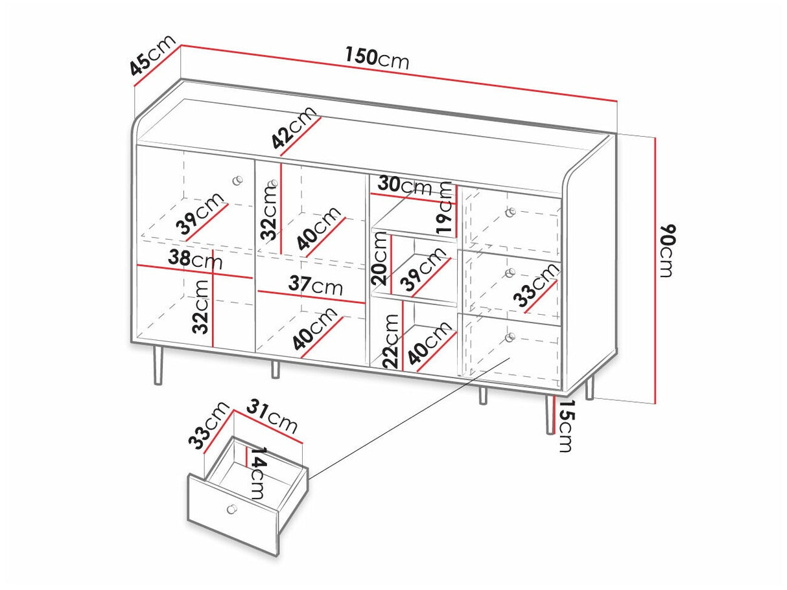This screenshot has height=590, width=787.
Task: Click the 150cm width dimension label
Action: coord(377,59)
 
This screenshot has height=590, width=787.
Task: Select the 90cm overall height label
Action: coord(667,251)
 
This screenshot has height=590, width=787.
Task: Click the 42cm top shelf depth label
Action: coord(294,127)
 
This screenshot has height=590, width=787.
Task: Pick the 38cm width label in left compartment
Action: coord(195,259)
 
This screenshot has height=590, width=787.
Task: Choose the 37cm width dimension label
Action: coord(316,285)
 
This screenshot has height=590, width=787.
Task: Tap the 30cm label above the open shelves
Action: coord(405,186)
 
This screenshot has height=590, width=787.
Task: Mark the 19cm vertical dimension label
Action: coord(444,208)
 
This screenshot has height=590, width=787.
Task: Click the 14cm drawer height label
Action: coord(258,473)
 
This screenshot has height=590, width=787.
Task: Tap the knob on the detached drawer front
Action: coord(231,508)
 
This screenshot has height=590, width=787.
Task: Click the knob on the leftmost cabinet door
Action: coord(237,180)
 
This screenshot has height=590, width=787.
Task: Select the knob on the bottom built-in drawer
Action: coord(510,337)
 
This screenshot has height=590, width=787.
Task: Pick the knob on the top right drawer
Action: coord(510,212)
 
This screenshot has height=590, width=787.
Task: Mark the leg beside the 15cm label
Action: coord(550,414)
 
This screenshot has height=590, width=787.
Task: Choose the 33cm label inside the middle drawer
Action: coord(535,288)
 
